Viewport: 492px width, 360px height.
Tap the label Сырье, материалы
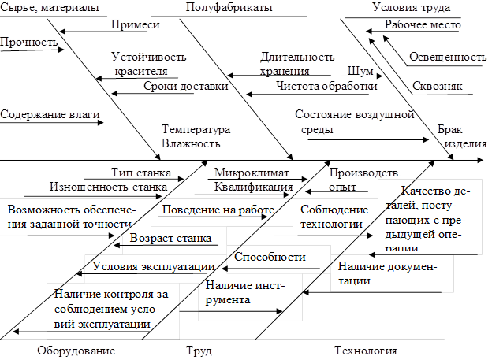[x=50, y=7]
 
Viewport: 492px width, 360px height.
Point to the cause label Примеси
[x=135, y=24]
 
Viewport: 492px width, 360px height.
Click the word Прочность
[x=29, y=40]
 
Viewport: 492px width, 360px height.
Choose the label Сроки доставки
[x=186, y=85]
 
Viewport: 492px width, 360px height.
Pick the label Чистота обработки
[x=326, y=85]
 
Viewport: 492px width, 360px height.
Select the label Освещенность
[x=447, y=57]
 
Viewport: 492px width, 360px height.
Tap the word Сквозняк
[x=437, y=86]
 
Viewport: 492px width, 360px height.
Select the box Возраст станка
[x=170, y=237]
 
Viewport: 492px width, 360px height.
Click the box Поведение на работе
[x=218, y=210]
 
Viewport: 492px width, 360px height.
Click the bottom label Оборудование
[x=76, y=350]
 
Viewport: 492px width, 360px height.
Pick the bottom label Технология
[x=365, y=350]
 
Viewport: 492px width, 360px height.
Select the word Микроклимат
[x=252, y=173]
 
